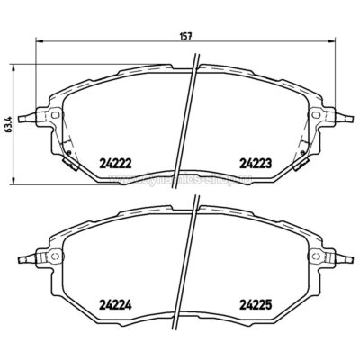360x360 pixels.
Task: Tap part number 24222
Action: [112, 162]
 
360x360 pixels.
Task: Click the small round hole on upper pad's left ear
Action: [54, 115]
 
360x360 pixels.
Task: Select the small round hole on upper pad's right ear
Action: [318, 115]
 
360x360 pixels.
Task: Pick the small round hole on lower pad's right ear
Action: [318, 258]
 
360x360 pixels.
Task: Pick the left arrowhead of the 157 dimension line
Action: [37, 43]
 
